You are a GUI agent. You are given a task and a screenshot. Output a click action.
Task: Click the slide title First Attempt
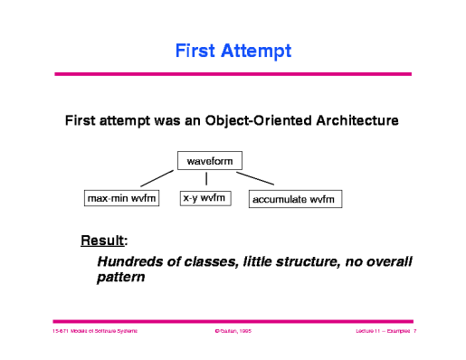pos(233,51)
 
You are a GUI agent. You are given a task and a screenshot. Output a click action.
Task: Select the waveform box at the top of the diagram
pos(208,162)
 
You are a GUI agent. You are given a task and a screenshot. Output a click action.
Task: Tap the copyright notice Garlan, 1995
pos(233,333)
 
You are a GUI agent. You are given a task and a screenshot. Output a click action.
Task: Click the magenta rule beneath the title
pos(233,73)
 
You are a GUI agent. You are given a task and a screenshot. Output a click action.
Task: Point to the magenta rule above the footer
pos(233,320)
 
